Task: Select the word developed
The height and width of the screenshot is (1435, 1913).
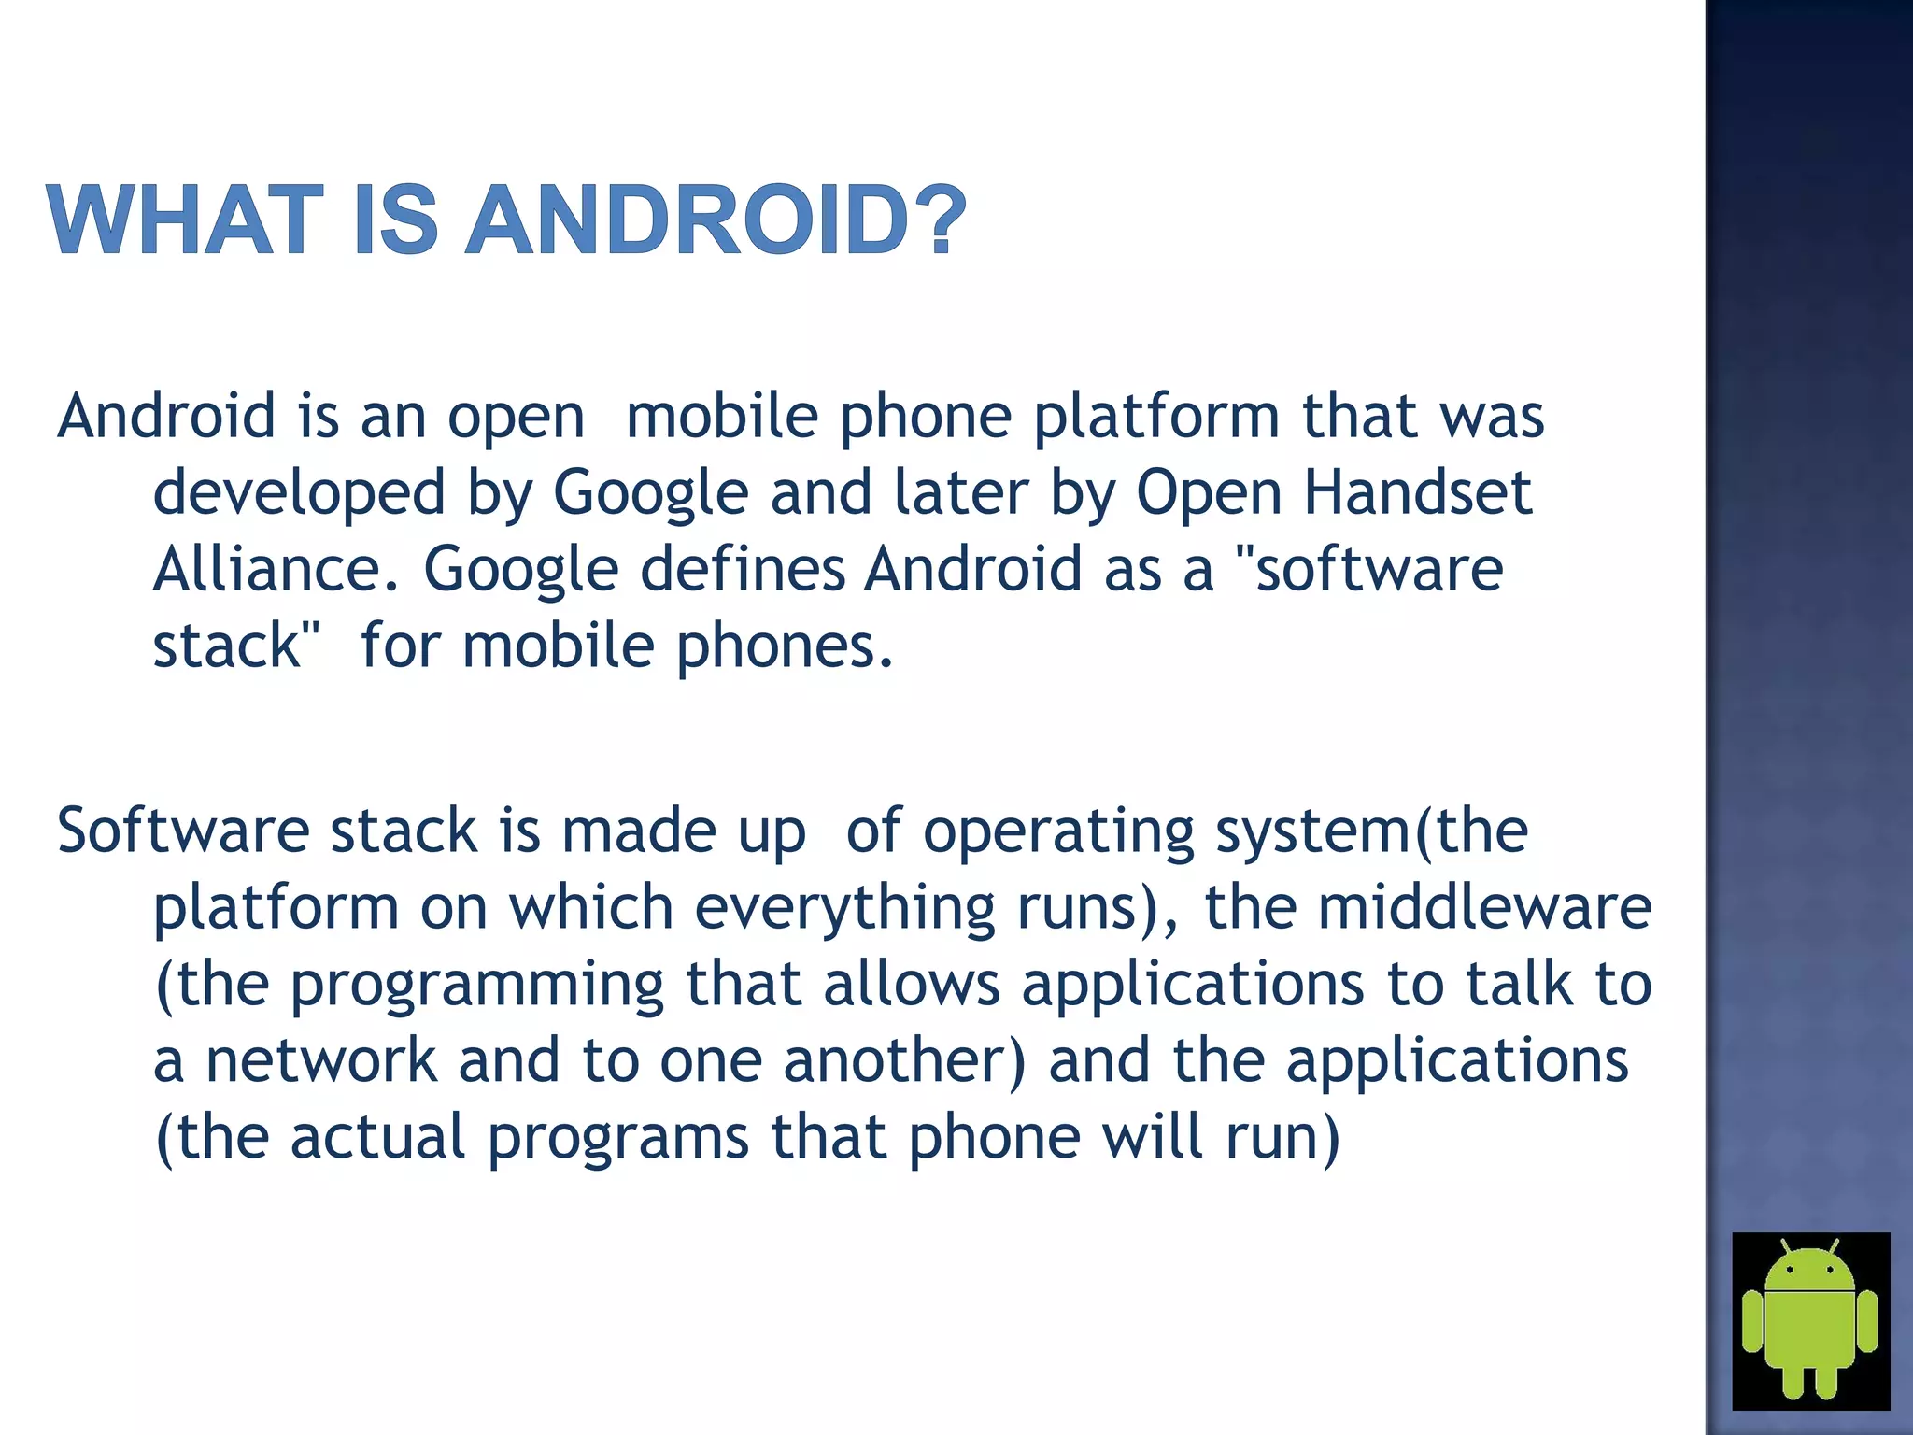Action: click(299, 493)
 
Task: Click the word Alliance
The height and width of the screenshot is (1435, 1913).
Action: click(276, 569)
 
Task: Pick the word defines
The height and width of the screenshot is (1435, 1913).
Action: click(742, 569)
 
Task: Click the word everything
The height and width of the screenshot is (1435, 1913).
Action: click(844, 909)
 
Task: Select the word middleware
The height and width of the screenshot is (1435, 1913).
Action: click(1484, 907)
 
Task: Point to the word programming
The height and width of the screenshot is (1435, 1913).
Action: click(476, 986)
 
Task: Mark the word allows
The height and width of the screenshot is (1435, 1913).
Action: click(911, 984)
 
